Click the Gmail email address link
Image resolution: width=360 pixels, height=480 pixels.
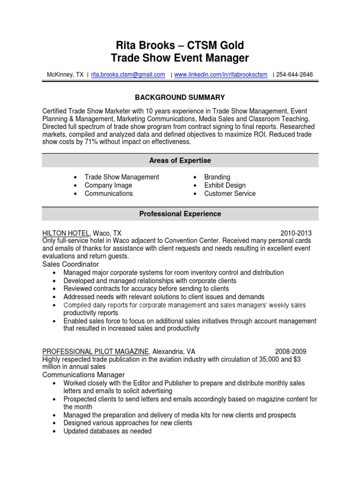(128, 75)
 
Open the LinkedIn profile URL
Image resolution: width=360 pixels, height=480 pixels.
(221, 75)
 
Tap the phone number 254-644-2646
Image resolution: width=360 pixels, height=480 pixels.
(295, 75)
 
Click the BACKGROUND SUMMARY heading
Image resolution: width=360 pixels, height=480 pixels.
(180, 97)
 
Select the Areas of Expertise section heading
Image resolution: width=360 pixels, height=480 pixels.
(180, 161)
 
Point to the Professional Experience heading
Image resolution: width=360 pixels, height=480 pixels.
(180, 214)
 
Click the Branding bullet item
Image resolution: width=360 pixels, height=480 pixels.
(217, 177)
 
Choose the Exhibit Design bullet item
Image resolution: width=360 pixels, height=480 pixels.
(225, 186)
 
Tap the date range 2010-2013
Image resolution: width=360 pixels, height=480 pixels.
(296, 233)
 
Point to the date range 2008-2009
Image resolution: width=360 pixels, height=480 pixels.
(290, 351)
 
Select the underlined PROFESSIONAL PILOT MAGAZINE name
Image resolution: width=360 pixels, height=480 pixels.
(96, 351)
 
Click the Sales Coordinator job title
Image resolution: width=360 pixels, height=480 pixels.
(71, 264)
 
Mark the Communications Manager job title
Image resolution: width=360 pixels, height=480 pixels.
(83, 375)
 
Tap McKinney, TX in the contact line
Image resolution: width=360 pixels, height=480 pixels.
(65, 75)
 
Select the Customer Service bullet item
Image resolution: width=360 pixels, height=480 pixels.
(230, 194)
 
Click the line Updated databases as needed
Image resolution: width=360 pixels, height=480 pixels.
(107, 431)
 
